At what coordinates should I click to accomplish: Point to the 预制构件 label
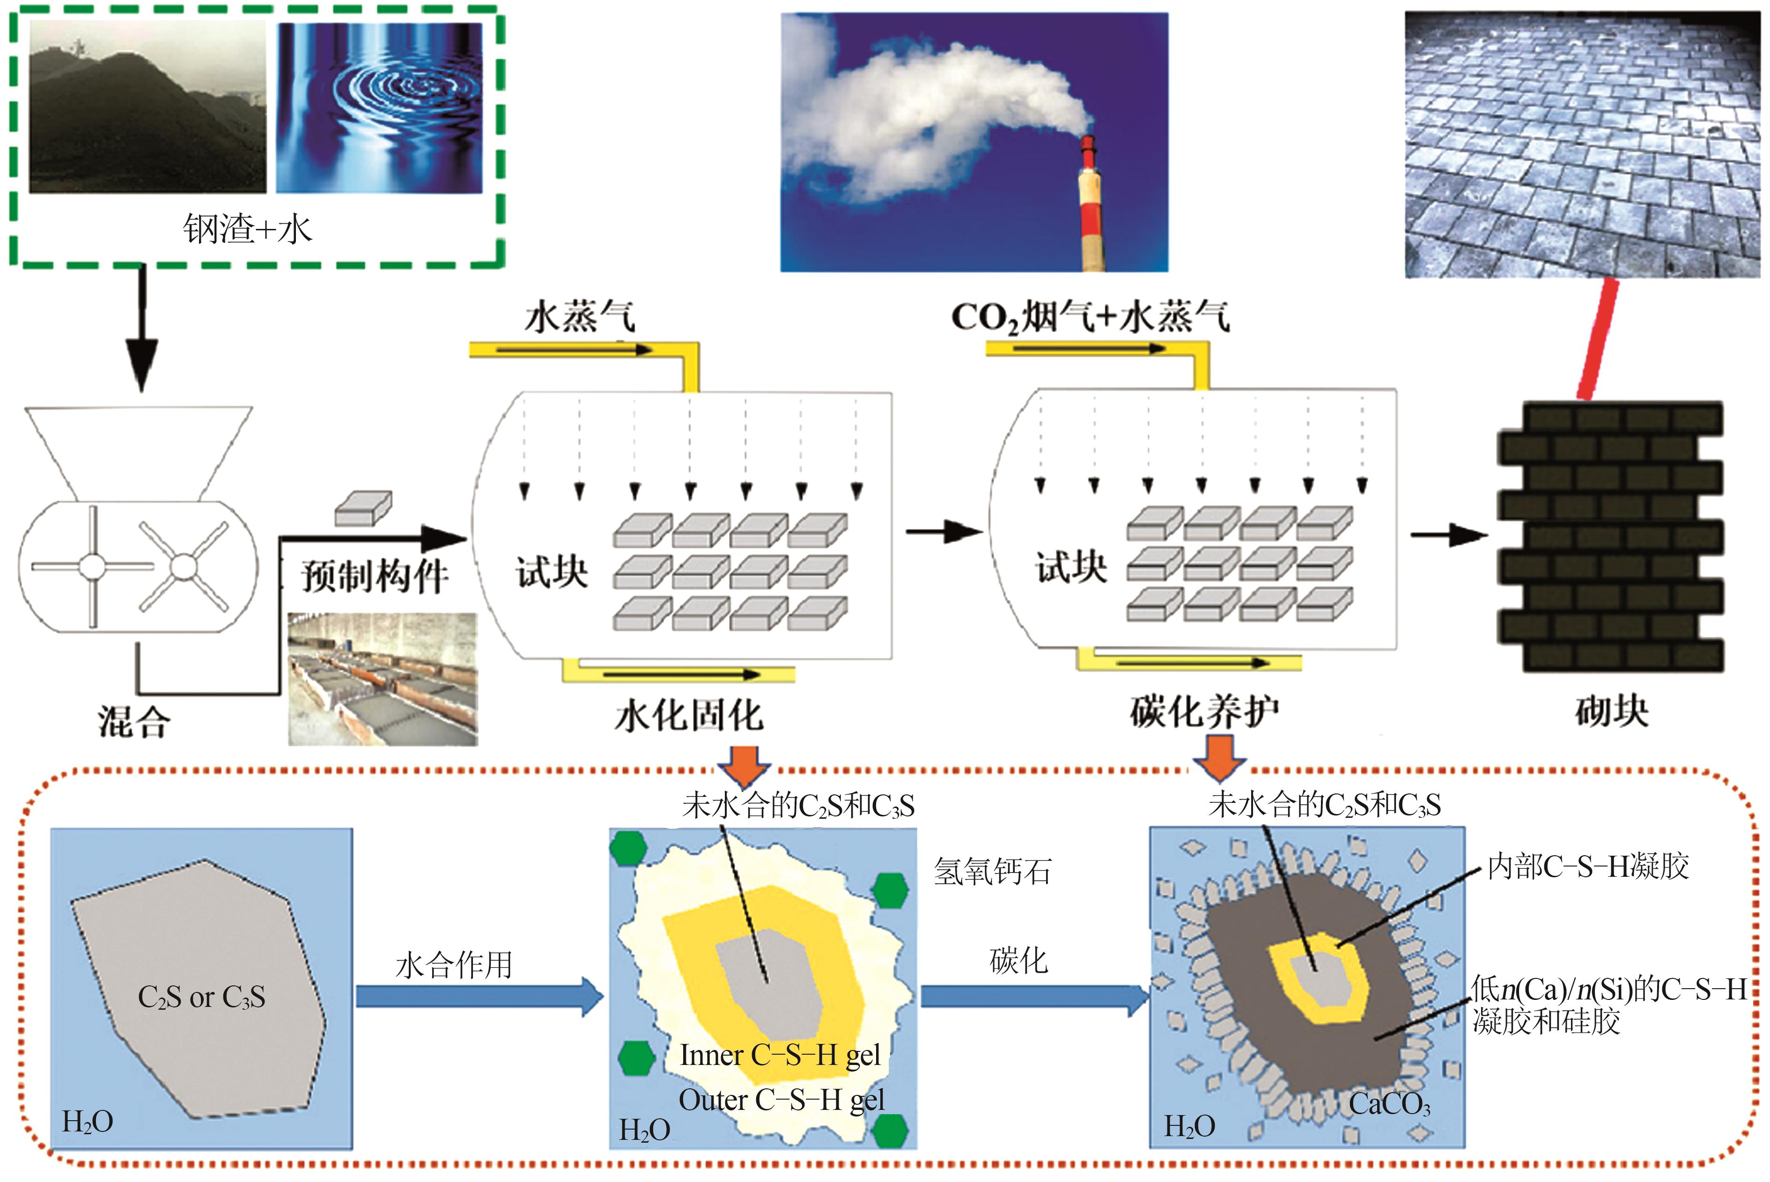[x=375, y=577]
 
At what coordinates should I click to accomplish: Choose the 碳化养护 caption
[x=1204, y=711]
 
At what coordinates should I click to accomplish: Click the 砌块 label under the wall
[x=1611, y=711]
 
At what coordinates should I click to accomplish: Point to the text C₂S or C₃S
[x=201, y=997]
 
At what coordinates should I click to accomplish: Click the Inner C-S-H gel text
[x=780, y=1055]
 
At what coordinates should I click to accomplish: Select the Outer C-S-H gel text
[x=781, y=1100]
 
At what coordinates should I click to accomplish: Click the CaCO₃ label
[x=1388, y=1104]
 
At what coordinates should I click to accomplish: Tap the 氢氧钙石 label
[x=992, y=872]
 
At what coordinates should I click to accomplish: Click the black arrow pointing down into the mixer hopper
[x=142, y=332]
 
